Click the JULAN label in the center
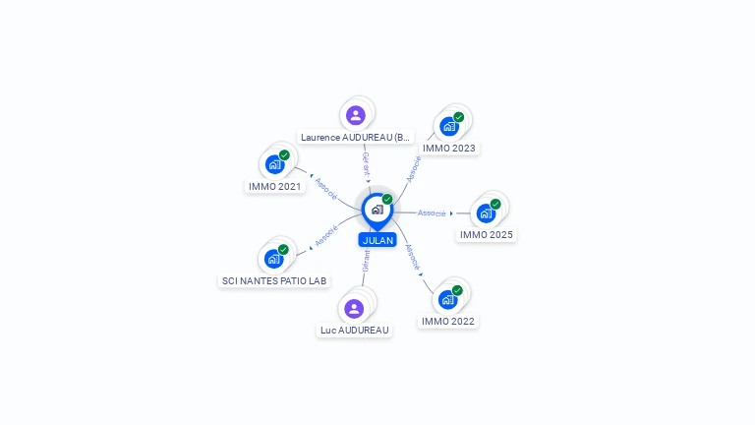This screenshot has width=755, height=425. [377, 240]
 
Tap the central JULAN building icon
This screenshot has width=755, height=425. [377, 209]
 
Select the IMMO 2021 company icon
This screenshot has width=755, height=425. [275, 164]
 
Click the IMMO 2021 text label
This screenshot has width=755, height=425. [275, 186]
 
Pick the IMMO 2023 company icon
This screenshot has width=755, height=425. [449, 126]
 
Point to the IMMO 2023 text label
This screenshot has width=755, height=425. [449, 149]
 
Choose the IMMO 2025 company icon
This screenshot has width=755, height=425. [486, 212]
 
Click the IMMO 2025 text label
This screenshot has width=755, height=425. [487, 235]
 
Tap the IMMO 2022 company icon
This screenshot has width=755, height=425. [448, 299]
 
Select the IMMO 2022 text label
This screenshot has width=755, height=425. [448, 322]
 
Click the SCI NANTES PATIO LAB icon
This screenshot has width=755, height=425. [274, 259]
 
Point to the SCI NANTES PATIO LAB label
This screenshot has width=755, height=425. [274, 281]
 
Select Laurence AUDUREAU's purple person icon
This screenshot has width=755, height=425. [356, 115]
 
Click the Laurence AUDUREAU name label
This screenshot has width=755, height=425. [356, 138]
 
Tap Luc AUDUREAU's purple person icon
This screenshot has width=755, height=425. [355, 308]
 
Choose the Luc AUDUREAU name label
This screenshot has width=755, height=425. [355, 331]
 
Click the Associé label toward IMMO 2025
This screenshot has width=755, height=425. [432, 212]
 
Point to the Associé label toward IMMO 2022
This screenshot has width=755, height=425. [414, 257]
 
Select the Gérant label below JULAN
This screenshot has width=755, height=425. [366, 261]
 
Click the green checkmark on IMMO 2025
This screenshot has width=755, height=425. [495, 204]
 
